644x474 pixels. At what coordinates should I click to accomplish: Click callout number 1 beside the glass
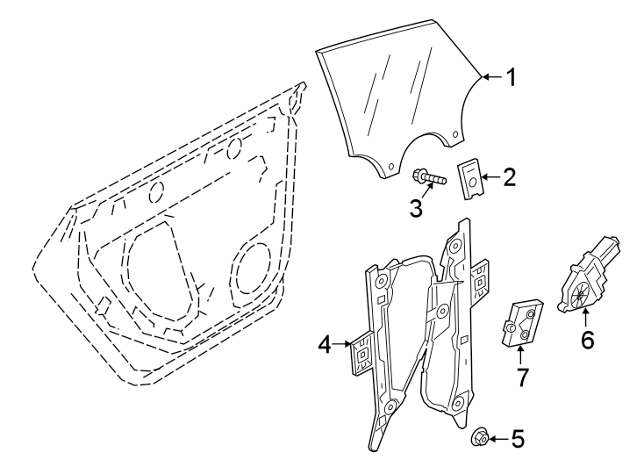510,78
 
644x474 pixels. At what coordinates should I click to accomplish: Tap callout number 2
510,178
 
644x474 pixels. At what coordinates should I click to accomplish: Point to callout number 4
325,346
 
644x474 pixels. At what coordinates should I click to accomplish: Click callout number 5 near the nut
518,438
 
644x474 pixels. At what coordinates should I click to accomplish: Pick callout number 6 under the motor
587,338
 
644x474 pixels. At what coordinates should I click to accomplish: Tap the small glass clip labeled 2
473,178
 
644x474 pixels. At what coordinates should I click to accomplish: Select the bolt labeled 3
431,178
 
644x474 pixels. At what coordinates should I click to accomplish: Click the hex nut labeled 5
481,436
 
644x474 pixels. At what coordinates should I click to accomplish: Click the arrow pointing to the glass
492,78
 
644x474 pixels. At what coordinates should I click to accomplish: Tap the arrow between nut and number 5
497,437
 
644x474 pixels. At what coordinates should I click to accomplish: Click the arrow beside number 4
343,346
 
